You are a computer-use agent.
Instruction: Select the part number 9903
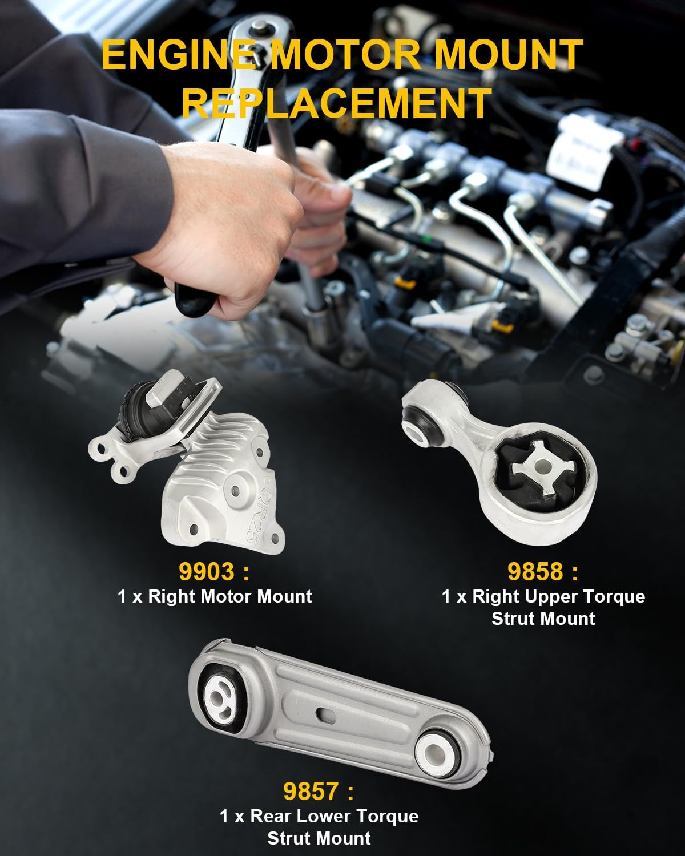click(x=207, y=571)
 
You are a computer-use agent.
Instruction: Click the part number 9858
click(x=535, y=571)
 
